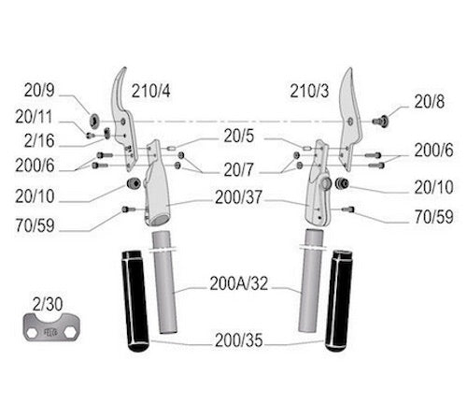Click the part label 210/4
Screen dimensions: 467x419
[151, 91]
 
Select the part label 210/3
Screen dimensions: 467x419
[309, 91]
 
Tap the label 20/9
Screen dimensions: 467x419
[39, 91]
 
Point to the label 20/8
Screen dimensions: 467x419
[429, 102]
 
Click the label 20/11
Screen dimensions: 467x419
[34, 117]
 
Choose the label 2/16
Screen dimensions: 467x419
[39, 140]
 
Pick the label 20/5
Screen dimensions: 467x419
[239, 136]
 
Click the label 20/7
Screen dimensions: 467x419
[239, 170]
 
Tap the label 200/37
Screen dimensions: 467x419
[238, 197]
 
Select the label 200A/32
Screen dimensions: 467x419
[239, 283]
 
